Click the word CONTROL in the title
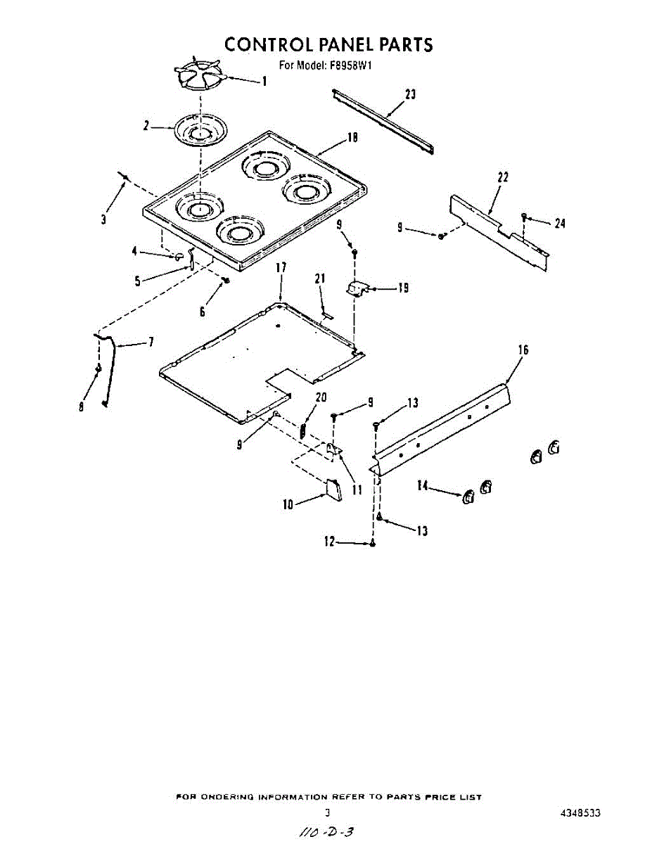269,45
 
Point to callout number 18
353,139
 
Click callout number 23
410,95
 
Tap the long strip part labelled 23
383,120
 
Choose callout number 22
502,177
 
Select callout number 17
281,267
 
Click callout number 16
523,350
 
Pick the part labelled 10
333,489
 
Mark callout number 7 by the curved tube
151,343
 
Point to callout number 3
103,219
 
